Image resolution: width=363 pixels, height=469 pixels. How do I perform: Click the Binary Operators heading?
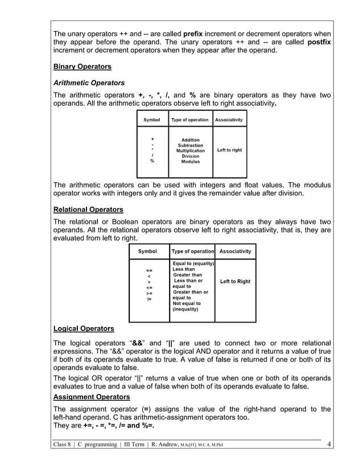[x=82, y=67]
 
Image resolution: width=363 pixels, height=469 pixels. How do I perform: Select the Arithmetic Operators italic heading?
[x=88, y=83]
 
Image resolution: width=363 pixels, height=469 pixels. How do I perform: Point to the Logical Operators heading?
[x=83, y=329]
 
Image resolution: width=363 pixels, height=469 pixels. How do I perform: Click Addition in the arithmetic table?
[x=190, y=140]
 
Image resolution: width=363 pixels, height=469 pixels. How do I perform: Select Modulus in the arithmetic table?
[x=190, y=162]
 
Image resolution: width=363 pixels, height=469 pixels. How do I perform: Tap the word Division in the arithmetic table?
[x=190, y=156]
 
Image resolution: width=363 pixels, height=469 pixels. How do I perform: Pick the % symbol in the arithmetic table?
[x=152, y=161]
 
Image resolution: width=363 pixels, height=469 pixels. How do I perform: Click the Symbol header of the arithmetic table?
[x=152, y=120]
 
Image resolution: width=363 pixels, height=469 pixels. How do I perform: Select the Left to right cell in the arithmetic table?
[x=229, y=150]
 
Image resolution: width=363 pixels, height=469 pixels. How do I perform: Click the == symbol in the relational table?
[x=149, y=270]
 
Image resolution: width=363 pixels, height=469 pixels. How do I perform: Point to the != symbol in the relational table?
[x=149, y=299]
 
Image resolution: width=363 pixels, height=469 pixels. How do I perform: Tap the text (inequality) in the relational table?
[x=185, y=310]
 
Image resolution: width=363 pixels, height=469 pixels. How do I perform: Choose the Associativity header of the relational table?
[x=235, y=251]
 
